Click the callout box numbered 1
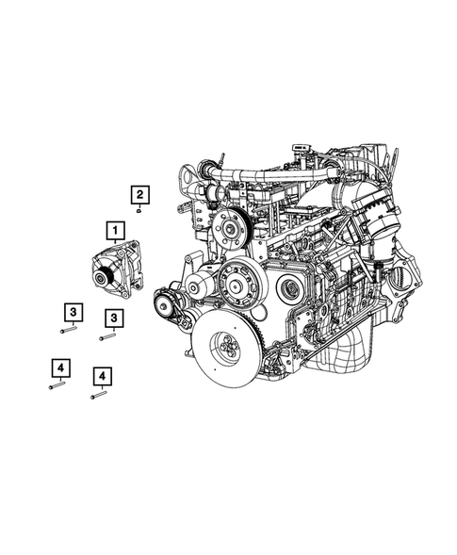tap(114, 229)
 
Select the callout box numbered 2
tap(139, 195)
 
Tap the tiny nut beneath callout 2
tap(139, 212)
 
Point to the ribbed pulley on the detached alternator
tap(103, 277)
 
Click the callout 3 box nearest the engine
tap(114, 318)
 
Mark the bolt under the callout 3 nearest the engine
tap(107, 336)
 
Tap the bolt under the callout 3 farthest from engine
tap(67, 330)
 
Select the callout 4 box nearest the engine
tap(101, 377)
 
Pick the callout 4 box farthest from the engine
tap(59, 367)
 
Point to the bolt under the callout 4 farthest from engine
tap(56, 384)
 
